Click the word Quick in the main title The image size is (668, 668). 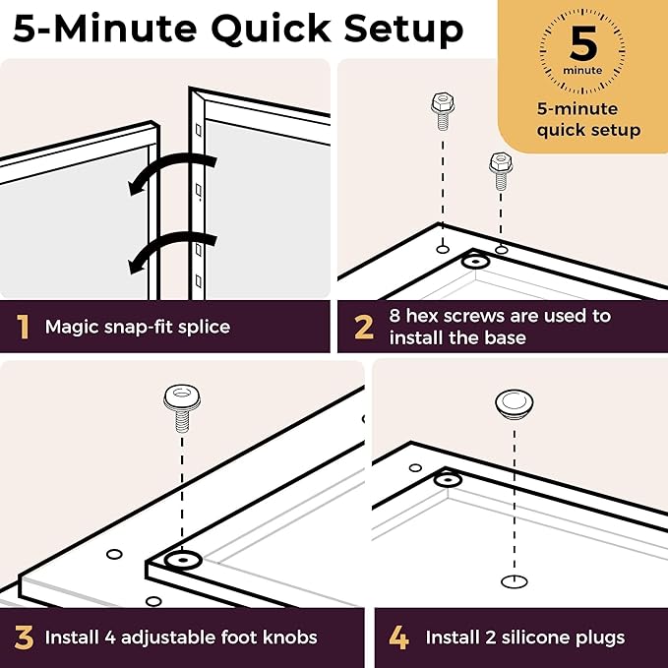click(x=271, y=30)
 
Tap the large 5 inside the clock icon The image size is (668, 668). click(x=582, y=43)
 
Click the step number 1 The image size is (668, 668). click(x=23, y=327)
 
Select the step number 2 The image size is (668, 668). click(x=364, y=328)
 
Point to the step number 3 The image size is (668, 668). click(x=24, y=638)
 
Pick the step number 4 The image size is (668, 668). click(x=398, y=638)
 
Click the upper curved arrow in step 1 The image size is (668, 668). click(x=172, y=172)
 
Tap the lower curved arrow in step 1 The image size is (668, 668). click(x=172, y=251)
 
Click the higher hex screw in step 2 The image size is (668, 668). click(x=443, y=110)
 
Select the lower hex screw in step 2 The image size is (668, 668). click(x=501, y=170)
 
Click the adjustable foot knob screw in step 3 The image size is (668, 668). click(x=182, y=408)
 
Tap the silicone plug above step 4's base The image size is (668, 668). click(x=515, y=403)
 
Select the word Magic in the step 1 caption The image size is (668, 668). click(x=68, y=328)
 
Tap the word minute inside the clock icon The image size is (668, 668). click(x=582, y=70)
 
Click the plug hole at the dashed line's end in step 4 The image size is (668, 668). click(x=515, y=581)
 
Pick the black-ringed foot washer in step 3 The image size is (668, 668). click(x=183, y=560)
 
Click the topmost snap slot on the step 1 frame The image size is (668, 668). click(x=198, y=130)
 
